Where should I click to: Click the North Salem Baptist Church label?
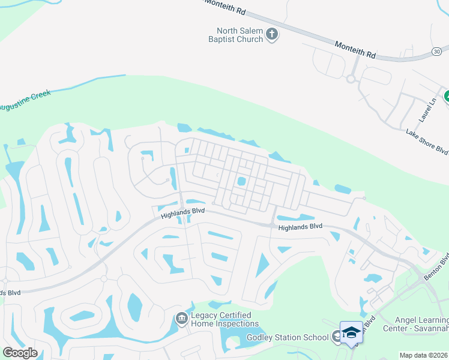(x=240, y=35)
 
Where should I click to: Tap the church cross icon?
(x=272, y=35)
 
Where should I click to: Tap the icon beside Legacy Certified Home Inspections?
(x=181, y=318)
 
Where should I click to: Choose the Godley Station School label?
(x=288, y=337)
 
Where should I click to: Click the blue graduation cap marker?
(x=351, y=332)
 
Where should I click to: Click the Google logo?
(x=20, y=353)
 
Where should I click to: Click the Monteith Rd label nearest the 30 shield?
(x=355, y=49)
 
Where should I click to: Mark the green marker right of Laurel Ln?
(x=447, y=96)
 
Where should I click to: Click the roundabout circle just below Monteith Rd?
(x=351, y=79)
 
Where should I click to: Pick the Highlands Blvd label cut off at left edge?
(x=10, y=293)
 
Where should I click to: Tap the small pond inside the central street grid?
(x=241, y=181)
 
